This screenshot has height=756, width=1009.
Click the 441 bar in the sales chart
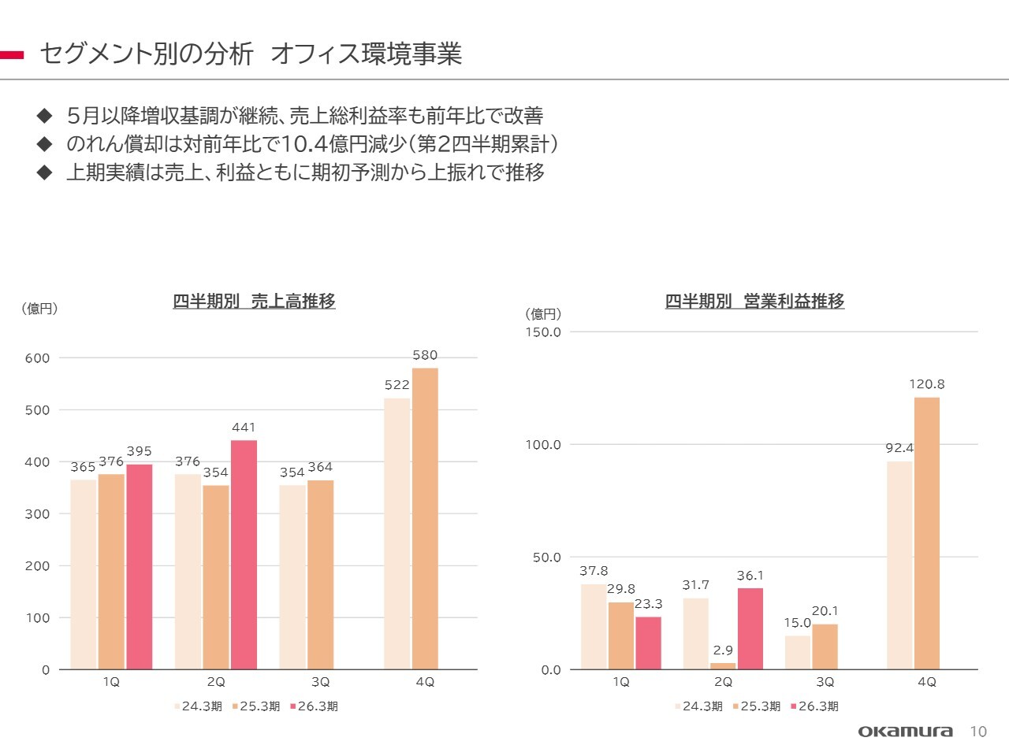(x=244, y=554)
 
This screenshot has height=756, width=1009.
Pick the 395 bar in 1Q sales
(x=140, y=566)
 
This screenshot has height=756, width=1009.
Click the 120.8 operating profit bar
(x=927, y=533)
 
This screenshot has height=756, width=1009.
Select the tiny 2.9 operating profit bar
(x=723, y=666)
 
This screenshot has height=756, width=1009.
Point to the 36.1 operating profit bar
(x=750, y=628)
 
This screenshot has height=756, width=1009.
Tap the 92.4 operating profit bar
(x=899, y=565)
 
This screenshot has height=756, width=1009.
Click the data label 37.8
(x=594, y=571)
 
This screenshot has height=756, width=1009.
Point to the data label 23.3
(x=648, y=604)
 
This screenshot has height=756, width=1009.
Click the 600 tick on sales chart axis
(x=37, y=358)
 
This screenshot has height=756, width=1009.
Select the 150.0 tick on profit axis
(x=543, y=332)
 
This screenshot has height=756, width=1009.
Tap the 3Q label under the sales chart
(x=320, y=682)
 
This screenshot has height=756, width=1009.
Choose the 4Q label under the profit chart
(x=927, y=682)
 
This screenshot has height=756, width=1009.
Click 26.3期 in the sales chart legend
(x=318, y=706)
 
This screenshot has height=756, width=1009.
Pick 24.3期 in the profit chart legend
(x=702, y=706)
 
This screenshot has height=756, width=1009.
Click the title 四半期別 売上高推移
(x=254, y=301)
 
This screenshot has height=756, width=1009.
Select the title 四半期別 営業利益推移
(x=754, y=301)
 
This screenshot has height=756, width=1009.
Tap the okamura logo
(x=905, y=732)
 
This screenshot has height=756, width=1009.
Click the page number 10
(x=978, y=732)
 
